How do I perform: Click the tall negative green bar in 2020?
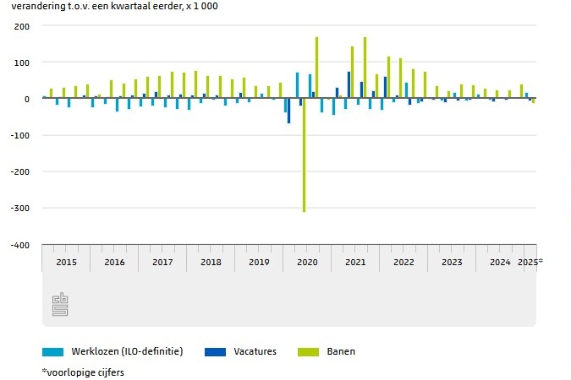coord(305,156)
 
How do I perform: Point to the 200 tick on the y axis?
coord(22,26)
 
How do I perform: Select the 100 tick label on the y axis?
coord(22,62)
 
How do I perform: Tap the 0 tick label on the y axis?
coord(27,99)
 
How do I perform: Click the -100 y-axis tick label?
coord(20,135)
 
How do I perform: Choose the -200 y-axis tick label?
coord(20,171)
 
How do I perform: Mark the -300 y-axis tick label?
coord(20,208)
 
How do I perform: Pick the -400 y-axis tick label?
coord(20,245)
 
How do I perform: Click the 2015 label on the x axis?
coord(66,262)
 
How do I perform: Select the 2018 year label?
coord(211,262)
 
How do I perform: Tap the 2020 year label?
coord(307,262)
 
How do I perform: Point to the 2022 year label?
coord(404,262)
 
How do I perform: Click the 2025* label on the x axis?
coord(530,262)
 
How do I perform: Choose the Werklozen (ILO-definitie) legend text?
coord(127,351)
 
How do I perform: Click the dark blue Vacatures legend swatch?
coord(215,351)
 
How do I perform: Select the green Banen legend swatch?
coord(308,351)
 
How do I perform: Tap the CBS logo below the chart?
coord(60,303)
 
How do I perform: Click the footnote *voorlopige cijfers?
coord(83,372)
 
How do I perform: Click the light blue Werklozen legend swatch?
coord(52,351)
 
